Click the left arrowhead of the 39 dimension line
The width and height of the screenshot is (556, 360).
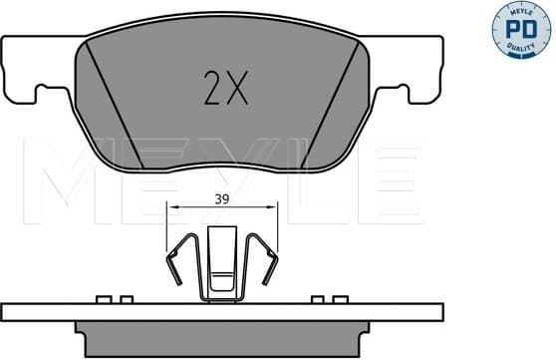[x=173, y=206]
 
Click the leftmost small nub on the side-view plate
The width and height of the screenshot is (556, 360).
[x=102, y=298]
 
